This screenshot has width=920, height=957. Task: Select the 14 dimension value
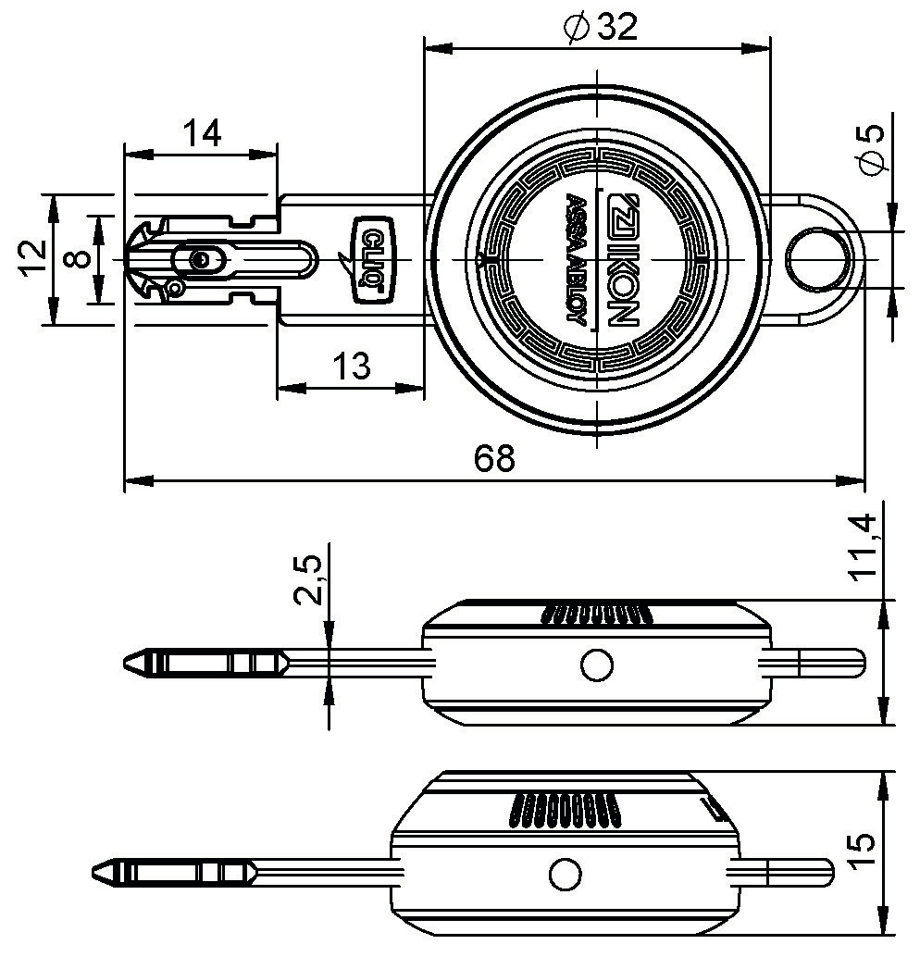tap(202, 134)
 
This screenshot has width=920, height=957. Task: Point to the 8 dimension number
tap(78, 259)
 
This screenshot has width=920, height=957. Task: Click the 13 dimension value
tap(351, 367)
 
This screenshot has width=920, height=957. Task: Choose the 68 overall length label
tap(494, 458)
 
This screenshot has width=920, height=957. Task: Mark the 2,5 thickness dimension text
tap(307, 579)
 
